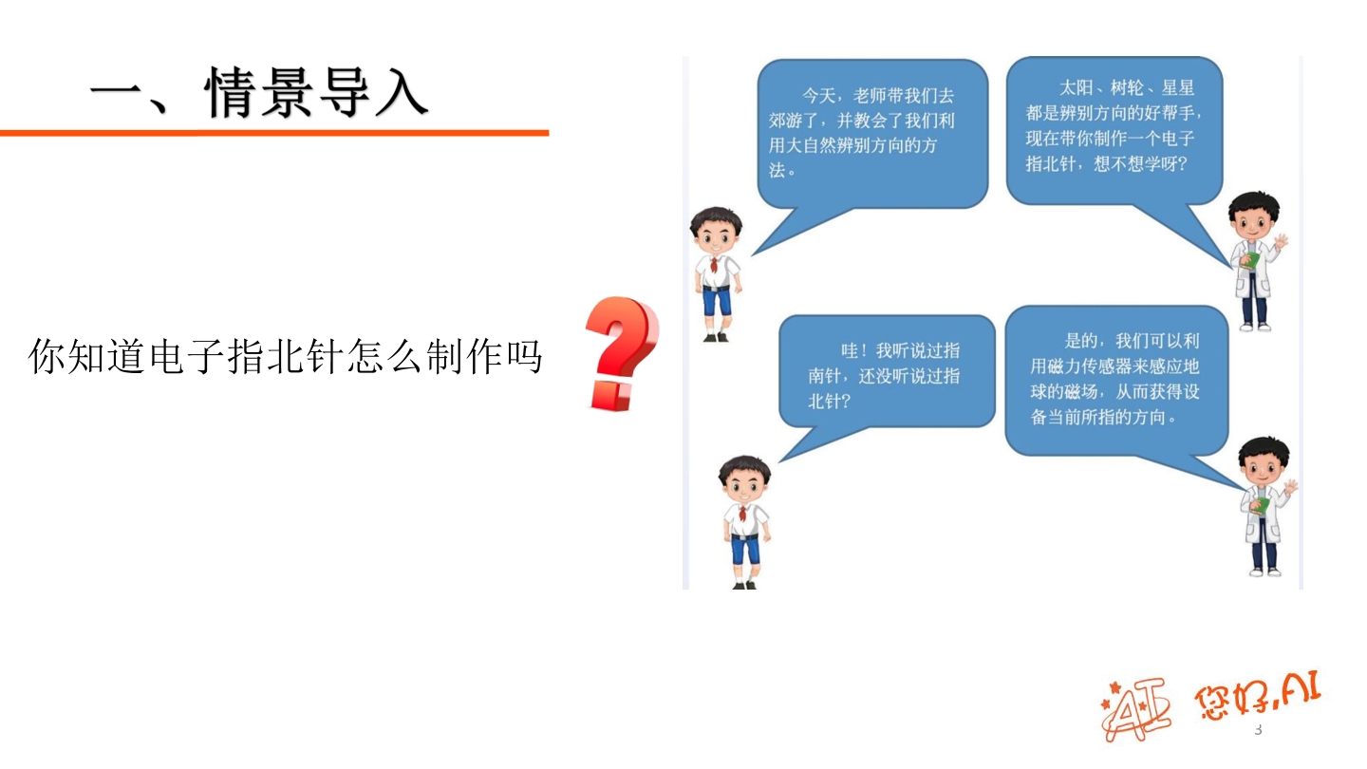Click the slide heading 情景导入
(258, 94)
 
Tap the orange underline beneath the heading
(274, 133)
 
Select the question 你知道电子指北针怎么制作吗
(285, 357)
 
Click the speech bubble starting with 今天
(871, 133)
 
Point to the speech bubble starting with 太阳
(1113, 128)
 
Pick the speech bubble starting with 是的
(1115, 379)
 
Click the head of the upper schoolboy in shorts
(717, 229)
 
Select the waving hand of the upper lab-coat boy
(1281, 242)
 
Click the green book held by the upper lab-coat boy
(1252, 258)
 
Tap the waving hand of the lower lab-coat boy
(1290, 487)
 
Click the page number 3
(1259, 729)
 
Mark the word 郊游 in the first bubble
(787, 121)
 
